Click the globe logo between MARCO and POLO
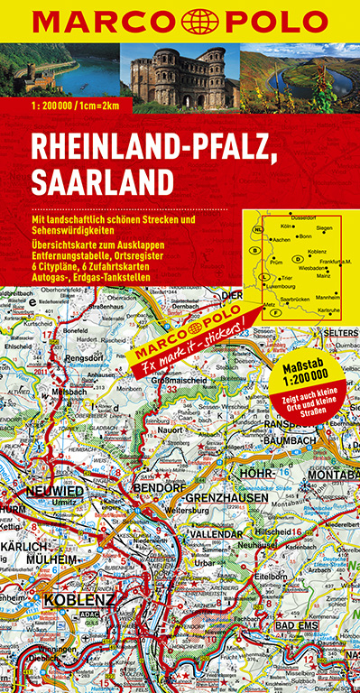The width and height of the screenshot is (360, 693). point(180,19)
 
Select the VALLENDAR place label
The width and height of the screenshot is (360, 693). point(214,533)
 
